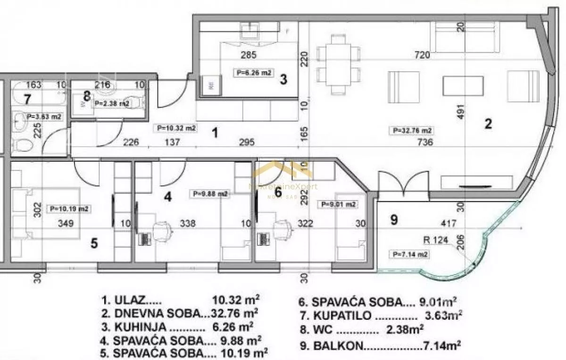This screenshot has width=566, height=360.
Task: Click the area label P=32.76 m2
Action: click(410, 130)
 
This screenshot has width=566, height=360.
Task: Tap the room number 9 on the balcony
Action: click(394, 219)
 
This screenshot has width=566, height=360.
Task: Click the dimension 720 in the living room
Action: click(422, 55)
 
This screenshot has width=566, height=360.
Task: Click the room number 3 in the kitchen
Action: click(283, 79)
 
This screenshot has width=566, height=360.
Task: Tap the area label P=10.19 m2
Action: click(70, 209)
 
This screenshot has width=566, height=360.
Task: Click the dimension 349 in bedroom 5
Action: click(66, 223)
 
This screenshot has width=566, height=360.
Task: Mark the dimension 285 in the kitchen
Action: click(248, 55)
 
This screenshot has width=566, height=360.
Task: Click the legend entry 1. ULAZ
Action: click(180, 300)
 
